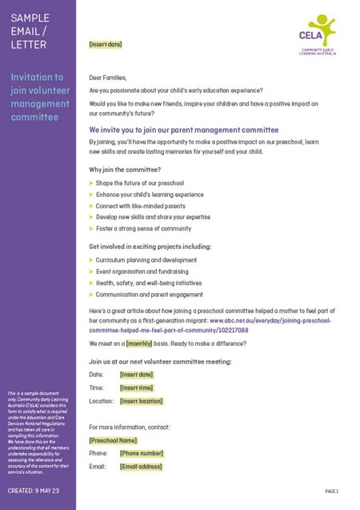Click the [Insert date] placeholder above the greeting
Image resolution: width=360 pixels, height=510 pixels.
106,45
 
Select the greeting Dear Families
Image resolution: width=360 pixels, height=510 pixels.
108,78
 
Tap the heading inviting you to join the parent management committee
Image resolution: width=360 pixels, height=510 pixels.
183,129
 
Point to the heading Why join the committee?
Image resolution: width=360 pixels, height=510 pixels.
125,170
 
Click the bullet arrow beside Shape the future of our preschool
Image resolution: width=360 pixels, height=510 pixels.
91,183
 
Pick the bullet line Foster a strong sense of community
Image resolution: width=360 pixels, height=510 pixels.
143,228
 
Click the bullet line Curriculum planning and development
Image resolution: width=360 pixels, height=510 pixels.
151,260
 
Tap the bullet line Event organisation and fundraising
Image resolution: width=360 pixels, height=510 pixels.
148,271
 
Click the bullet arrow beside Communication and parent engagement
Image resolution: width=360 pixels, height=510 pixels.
91,294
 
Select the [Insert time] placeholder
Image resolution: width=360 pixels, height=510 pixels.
136,388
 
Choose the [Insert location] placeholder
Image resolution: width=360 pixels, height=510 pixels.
141,401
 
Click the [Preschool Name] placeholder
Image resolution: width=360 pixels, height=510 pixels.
113,440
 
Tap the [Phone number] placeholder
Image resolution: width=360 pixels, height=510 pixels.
141,453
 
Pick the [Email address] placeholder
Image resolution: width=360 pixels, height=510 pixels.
140,467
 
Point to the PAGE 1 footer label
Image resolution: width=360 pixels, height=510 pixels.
332,491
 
